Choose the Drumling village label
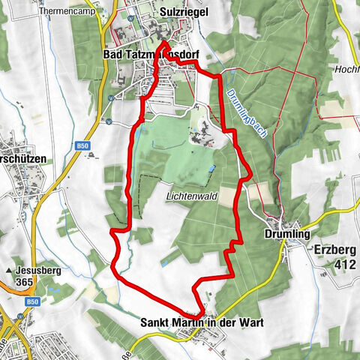tap(286, 235)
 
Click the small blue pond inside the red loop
tap(213, 168)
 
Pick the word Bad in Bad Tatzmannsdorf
tap(111, 55)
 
